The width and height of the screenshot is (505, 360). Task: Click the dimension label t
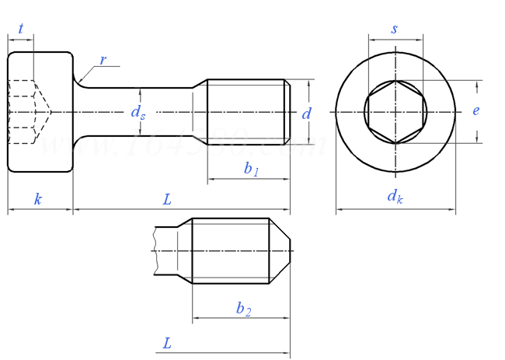pyautogui.click(x=21, y=29)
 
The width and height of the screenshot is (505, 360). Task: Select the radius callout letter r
pyautogui.click(x=103, y=60)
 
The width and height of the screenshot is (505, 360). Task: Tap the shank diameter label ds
pyautogui.click(x=138, y=113)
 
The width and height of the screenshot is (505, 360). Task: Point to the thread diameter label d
pyautogui.click(x=306, y=114)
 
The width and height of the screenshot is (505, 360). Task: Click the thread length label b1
pyautogui.click(x=250, y=169)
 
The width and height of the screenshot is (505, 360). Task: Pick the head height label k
pyautogui.click(x=37, y=199)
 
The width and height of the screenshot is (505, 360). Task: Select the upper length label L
pyautogui.click(x=166, y=199)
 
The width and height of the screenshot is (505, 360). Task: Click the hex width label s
pyautogui.click(x=394, y=29)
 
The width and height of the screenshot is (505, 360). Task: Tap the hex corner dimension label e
pyautogui.click(x=475, y=110)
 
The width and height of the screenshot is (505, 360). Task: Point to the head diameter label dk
pyautogui.click(x=395, y=197)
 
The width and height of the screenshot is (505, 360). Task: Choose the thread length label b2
pyautogui.click(x=242, y=308)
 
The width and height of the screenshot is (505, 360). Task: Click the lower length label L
pyautogui.click(x=167, y=343)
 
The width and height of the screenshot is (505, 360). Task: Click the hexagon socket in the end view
pyautogui.click(x=395, y=112)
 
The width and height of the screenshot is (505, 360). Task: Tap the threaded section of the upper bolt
pyautogui.click(x=247, y=112)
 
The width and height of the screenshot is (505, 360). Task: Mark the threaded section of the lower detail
pyautogui.click(x=230, y=251)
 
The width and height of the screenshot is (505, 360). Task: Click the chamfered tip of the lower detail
pyautogui.click(x=280, y=251)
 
